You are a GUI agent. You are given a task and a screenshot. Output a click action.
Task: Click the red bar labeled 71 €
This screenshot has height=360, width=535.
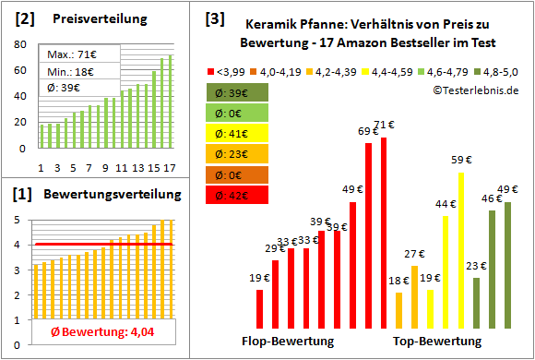(384, 231)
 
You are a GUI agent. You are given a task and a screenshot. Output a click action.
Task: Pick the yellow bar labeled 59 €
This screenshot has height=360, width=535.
(461, 249)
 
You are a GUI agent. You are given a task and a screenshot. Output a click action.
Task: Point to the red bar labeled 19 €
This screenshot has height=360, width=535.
(259, 308)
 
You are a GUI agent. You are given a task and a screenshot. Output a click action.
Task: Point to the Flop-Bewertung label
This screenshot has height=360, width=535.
(288, 341)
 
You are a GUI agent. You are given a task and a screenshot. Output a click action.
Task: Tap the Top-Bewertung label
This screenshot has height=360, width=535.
(437, 341)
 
